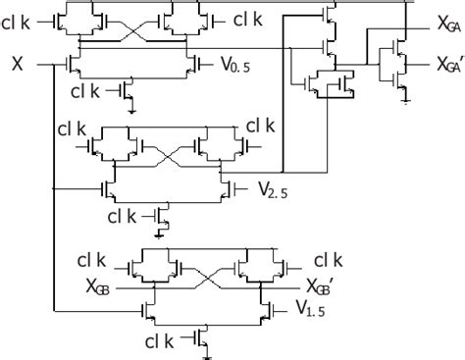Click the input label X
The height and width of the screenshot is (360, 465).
coord(18,64)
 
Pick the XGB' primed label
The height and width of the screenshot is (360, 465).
coord(326,288)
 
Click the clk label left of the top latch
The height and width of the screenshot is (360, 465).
coord(20,19)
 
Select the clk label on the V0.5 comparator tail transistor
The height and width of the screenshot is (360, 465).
coord(87,92)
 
